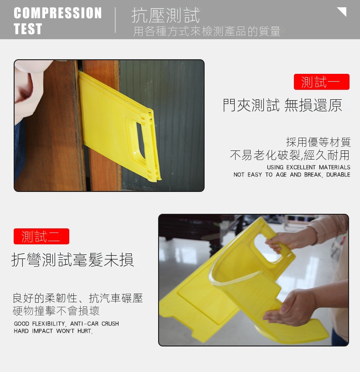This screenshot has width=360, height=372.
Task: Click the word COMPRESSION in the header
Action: coord(57,13)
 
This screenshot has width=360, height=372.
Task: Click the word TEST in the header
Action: coord(28,29)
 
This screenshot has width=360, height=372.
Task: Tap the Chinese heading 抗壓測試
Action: coord(165,15)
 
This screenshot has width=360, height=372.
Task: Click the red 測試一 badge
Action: coord(322,82)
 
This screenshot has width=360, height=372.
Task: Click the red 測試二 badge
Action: coord(41,236)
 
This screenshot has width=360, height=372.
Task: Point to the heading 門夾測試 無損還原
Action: coord(282,105)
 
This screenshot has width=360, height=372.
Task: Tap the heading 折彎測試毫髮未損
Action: coord(72,260)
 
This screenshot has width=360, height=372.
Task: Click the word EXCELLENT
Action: coord(301,167)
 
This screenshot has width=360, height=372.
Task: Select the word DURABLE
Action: coord(338,175)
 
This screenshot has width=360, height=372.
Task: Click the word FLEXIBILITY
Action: coord(49,324)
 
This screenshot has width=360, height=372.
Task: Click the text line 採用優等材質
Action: coord(318,142)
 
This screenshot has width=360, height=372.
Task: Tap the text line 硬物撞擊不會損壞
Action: coord(56,311)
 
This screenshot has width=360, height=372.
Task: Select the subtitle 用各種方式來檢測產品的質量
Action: coord(207,31)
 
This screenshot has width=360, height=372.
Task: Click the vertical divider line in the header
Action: coord(115,20)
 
